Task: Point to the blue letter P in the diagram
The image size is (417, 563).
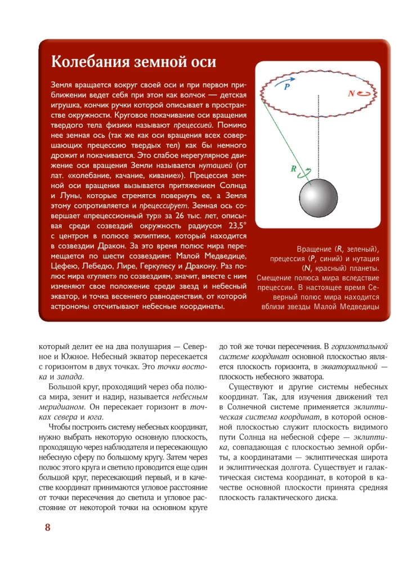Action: [x=287, y=88]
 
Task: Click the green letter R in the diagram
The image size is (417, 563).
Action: [x=293, y=168]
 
